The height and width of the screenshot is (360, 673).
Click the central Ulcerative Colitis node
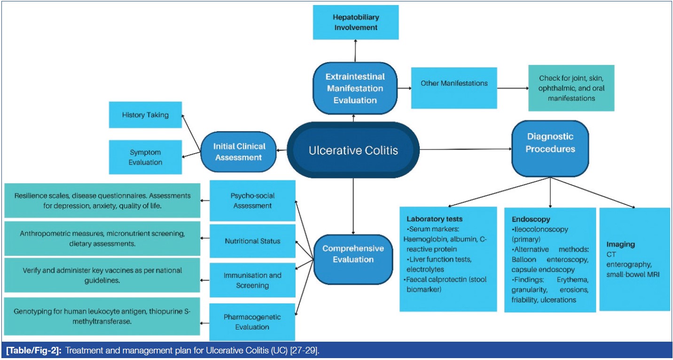click(x=353, y=150)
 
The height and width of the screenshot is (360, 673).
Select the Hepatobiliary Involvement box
click(x=355, y=22)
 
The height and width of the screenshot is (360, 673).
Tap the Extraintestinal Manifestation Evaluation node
click(x=355, y=88)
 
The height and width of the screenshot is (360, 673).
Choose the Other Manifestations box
click(x=454, y=84)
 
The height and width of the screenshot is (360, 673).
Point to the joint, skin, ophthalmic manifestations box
click(x=571, y=88)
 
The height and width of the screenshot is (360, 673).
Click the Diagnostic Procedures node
click(x=550, y=143)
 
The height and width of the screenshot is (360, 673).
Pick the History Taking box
click(x=145, y=115)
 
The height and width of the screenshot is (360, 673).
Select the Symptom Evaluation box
click(x=145, y=157)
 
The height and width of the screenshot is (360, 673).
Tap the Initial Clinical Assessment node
click(x=239, y=152)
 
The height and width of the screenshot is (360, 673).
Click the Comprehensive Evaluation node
click(x=353, y=254)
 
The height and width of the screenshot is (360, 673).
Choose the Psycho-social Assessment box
click(x=252, y=201)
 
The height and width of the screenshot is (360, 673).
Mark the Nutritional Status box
click(x=252, y=241)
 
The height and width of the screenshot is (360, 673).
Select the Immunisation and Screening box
click(x=252, y=280)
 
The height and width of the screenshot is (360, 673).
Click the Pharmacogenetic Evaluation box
click(x=252, y=321)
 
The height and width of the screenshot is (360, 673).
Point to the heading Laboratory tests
click(x=435, y=219)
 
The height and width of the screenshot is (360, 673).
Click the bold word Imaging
click(x=620, y=244)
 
